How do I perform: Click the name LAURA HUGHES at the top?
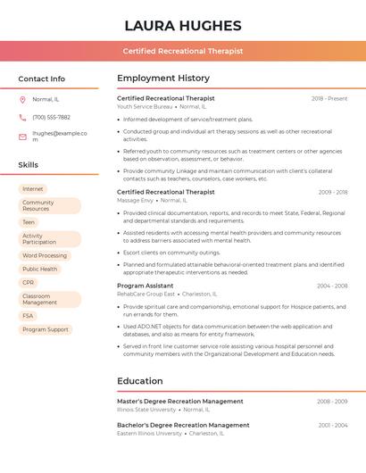pyautogui.click(x=183, y=25)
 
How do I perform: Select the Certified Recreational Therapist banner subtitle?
pyautogui.click(x=183, y=52)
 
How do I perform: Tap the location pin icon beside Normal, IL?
pyautogui.click(x=22, y=99)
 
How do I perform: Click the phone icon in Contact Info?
pyautogui.click(x=22, y=117)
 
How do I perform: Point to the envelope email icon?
pyautogui.click(x=22, y=137)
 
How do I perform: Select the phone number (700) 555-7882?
pyautogui.click(x=51, y=117)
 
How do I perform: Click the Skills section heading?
pyautogui.click(x=29, y=165)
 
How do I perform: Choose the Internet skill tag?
pyautogui.click(x=33, y=189)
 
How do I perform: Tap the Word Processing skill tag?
pyautogui.click(x=45, y=255)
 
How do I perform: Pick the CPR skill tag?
pyautogui.click(x=29, y=282)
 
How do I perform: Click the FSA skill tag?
pyautogui.click(x=29, y=316)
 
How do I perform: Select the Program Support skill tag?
pyautogui.click(x=46, y=329)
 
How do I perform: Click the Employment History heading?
pyautogui.click(x=163, y=79)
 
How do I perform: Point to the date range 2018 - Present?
pyautogui.click(x=329, y=98)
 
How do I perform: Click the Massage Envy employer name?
pyautogui.click(x=135, y=201)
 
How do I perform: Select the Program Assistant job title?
pyautogui.click(x=146, y=286)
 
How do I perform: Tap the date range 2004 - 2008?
pyautogui.click(x=332, y=286)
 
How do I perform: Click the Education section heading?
pyautogui.click(x=140, y=381)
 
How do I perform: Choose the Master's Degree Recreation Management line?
pyautogui.click(x=180, y=402)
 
